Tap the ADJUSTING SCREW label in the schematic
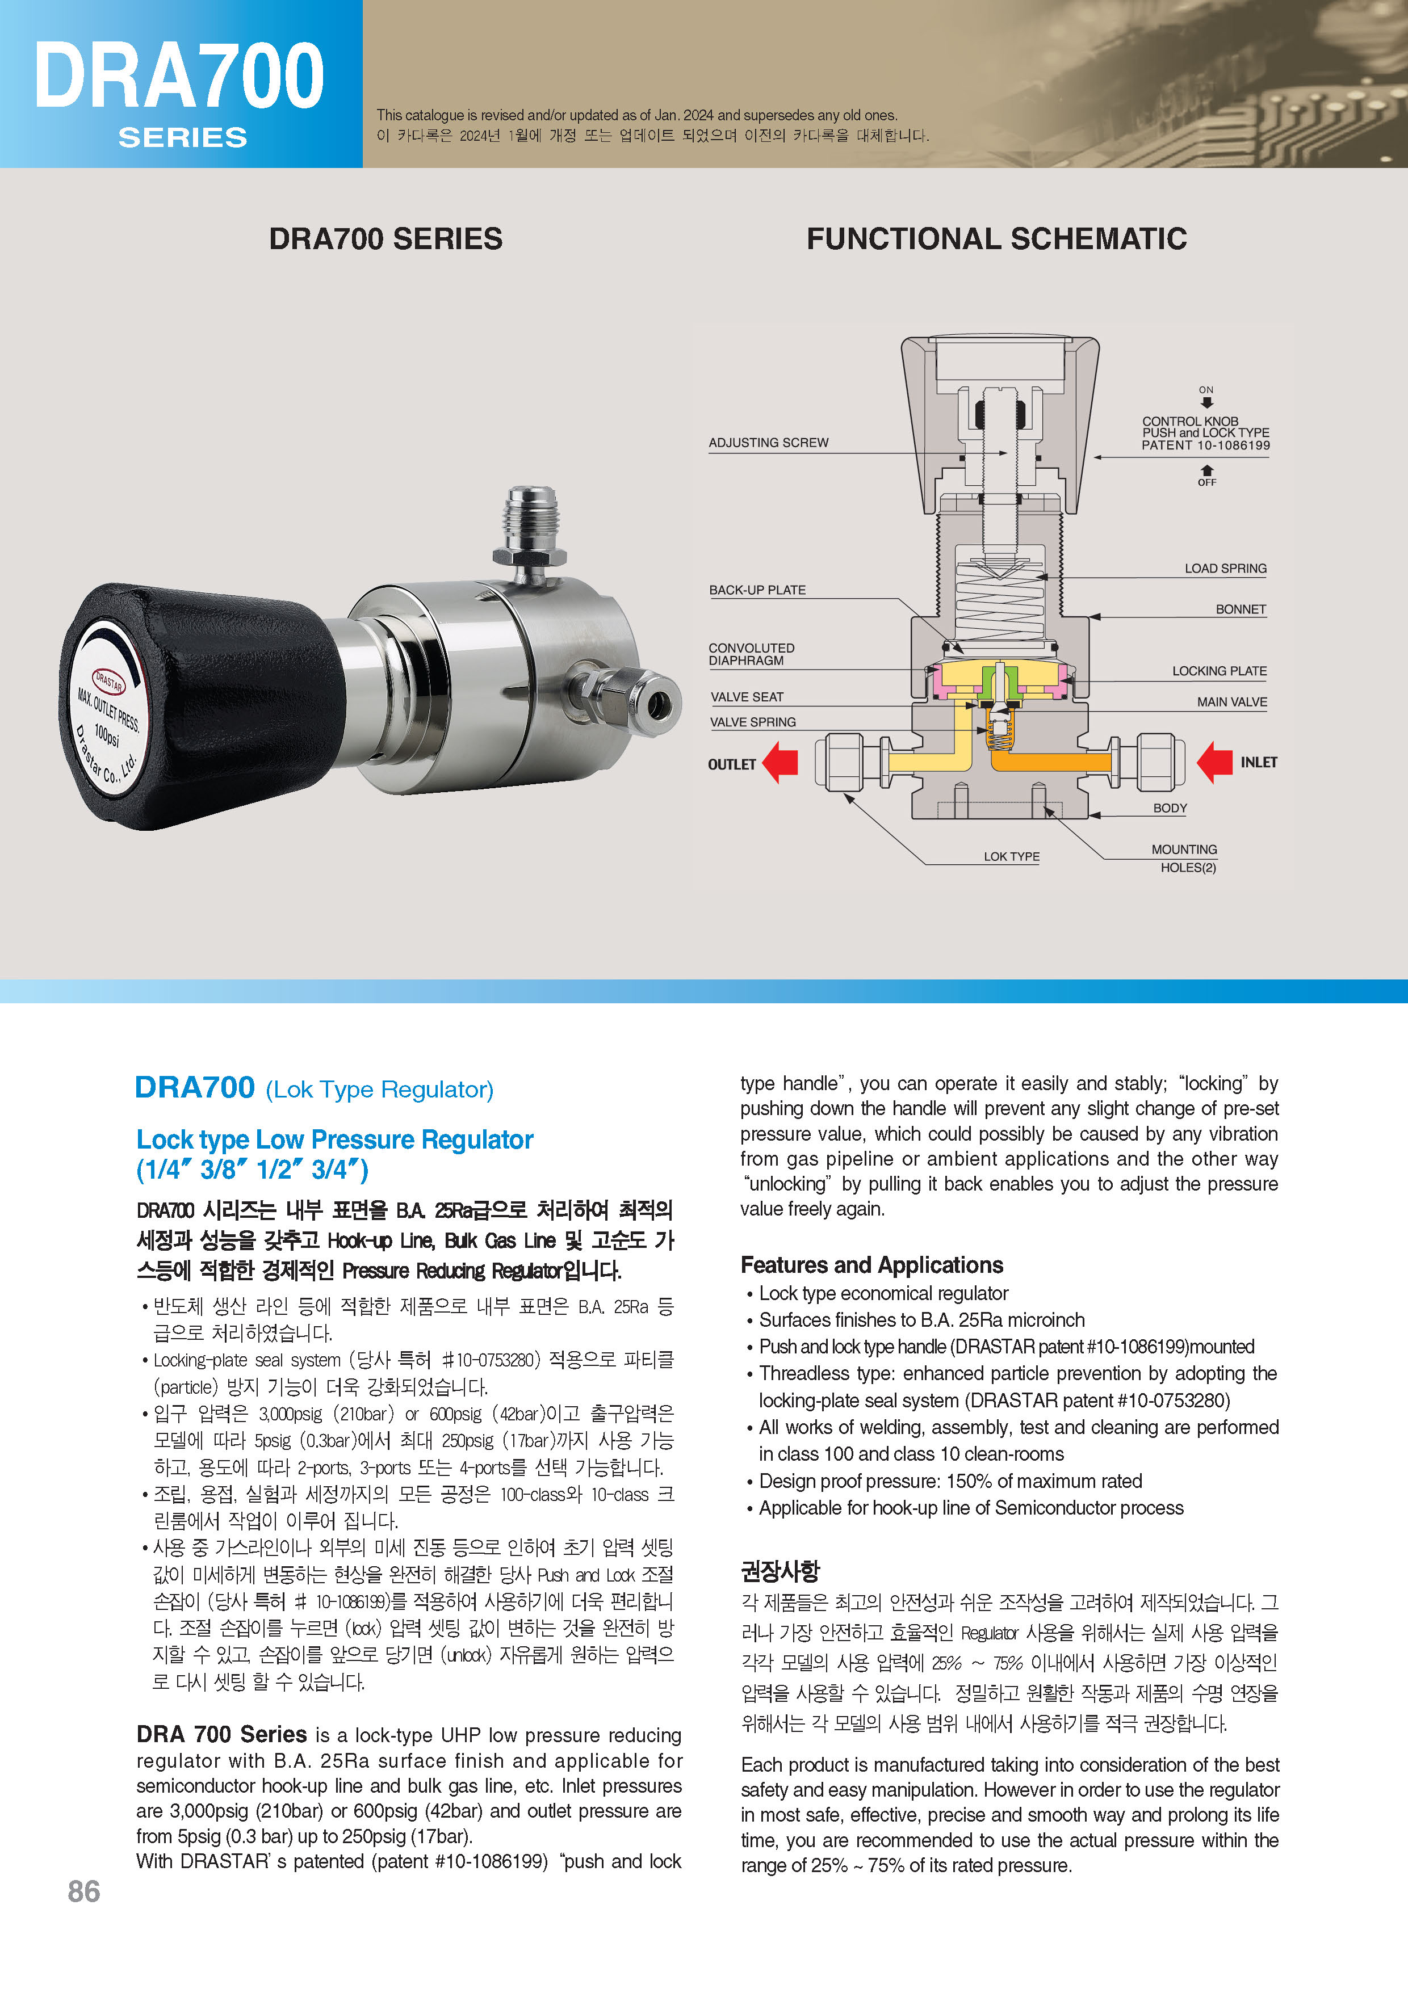pyautogui.click(x=768, y=443)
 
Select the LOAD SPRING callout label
pyautogui.click(x=1225, y=569)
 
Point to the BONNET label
pyautogui.click(x=1240, y=609)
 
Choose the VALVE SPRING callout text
pyautogui.click(x=753, y=722)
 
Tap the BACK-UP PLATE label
pyautogui.click(x=757, y=590)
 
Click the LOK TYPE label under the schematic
pyautogui.click(x=1011, y=856)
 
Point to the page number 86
pyautogui.click(x=83, y=1891)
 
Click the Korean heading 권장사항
pyautogui.click(x=780, y=1570)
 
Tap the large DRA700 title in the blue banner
pyautogui.click(x=179, y=76)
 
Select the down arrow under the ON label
pyautogui.click(x=1206, y=403)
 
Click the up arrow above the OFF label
pyautogui.click(x=1206, y=470)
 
